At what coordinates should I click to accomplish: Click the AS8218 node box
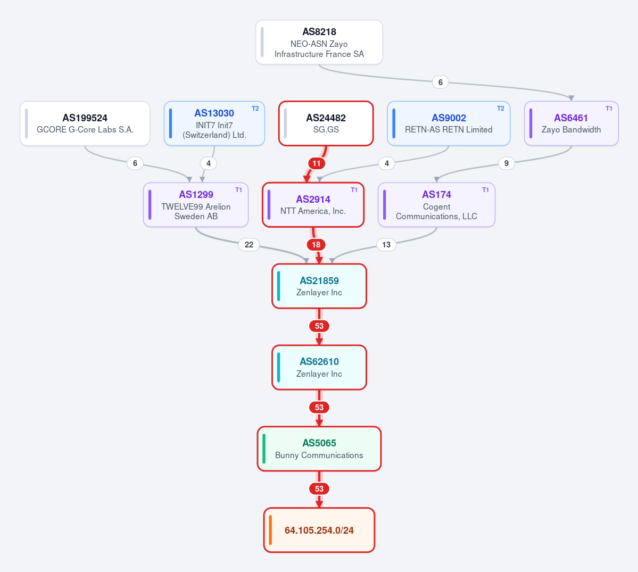[x=319, y=43]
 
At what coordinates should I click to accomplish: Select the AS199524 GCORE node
[x=85, y=123]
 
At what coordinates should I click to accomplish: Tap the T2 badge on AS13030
[x=255, y=109]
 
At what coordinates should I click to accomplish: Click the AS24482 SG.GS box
[x=326, y=123]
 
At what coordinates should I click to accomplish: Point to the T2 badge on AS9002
[x=501, y=109]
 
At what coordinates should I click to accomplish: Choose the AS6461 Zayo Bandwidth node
[x=571, y=123]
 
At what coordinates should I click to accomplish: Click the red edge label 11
[x=317, y=163]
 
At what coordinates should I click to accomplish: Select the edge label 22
[x=249, y=245]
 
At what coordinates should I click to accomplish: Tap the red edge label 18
[x=316, y=245]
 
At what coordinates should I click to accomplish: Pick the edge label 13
[x=386, y=245]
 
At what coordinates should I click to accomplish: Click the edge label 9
[x=507, y=163]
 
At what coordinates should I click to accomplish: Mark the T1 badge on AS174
[x=485, y=190]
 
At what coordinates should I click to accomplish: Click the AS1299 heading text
[x=196, y=194]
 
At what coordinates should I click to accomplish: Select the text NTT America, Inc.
[x=313, y=211]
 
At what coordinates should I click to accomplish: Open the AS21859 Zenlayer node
[x=319, y=286]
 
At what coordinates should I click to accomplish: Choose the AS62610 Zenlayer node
[x=319, y=367]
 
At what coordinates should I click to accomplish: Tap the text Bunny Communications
[x=319, y=455]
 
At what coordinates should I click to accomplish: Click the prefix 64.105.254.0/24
[x=319, y=530]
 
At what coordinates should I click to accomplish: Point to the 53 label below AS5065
[x=319, y=488]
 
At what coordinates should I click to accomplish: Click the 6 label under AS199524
[x=135, y=163]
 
